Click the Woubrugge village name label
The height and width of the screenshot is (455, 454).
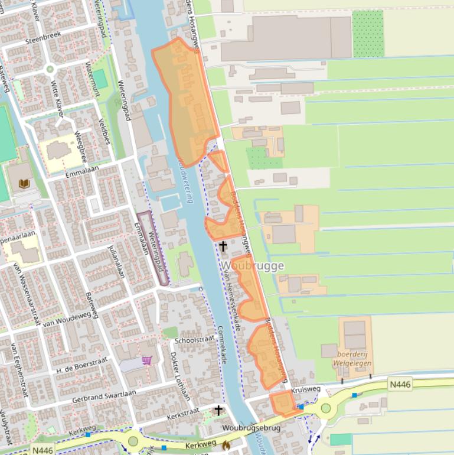tap(253, 266)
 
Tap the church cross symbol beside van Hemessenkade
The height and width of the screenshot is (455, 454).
tap(223, 246)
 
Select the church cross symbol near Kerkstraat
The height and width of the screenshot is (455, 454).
tap(218, 410)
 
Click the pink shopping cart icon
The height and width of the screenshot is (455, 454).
tap(146, 360)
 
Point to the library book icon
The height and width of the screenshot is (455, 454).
tap(24, 184)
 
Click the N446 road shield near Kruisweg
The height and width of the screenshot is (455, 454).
tap(400, 385)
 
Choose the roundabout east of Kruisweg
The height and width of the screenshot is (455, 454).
tap(325, 408)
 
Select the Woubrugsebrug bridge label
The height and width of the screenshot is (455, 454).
tap(252, 428)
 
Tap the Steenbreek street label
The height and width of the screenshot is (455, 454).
tap(44, 41)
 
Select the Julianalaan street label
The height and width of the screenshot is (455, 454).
tap(117, 262)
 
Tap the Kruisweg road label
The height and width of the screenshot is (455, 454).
tap(306, 389)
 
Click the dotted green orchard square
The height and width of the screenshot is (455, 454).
tap(368, 34)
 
